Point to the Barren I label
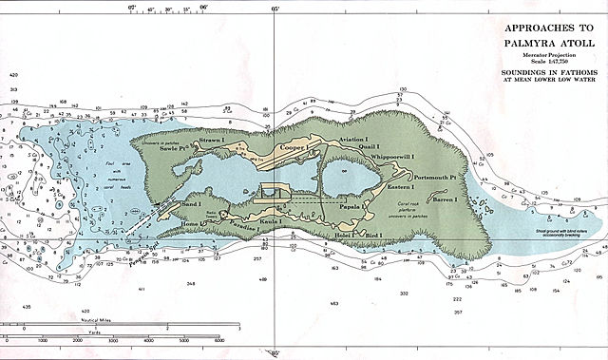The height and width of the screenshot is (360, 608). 444,200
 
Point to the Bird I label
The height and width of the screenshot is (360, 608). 373,234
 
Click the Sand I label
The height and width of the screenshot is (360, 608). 190,204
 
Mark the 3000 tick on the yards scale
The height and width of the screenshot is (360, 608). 113,339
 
